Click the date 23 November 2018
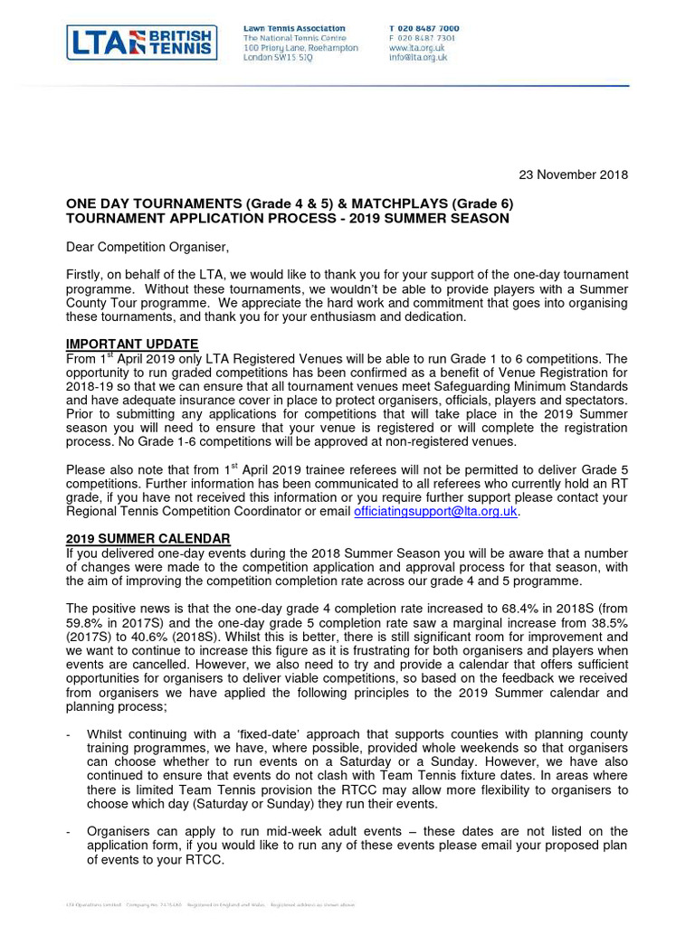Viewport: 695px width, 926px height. point(573,175)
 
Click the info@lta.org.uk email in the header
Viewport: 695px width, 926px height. point(418,58)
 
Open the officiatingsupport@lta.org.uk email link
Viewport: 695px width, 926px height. point(436,512)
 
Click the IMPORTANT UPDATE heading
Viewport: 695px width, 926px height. point(132,344)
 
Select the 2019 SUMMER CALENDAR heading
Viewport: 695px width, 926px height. point(148,539)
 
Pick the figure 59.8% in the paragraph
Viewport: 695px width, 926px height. point(87,624)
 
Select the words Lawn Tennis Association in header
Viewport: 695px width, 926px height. point(294,29)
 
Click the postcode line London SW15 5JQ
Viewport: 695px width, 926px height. point(278,58)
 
